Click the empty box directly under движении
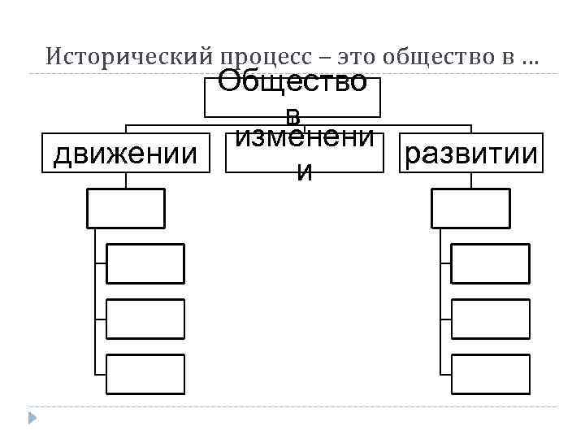point(126,208)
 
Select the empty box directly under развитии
point(470,208)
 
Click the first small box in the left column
point(145,263)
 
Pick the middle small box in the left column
point(145,319)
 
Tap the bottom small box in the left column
point(145,374)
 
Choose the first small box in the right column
point(490,263)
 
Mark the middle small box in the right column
point(490,319)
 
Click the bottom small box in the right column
point(490,374)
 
